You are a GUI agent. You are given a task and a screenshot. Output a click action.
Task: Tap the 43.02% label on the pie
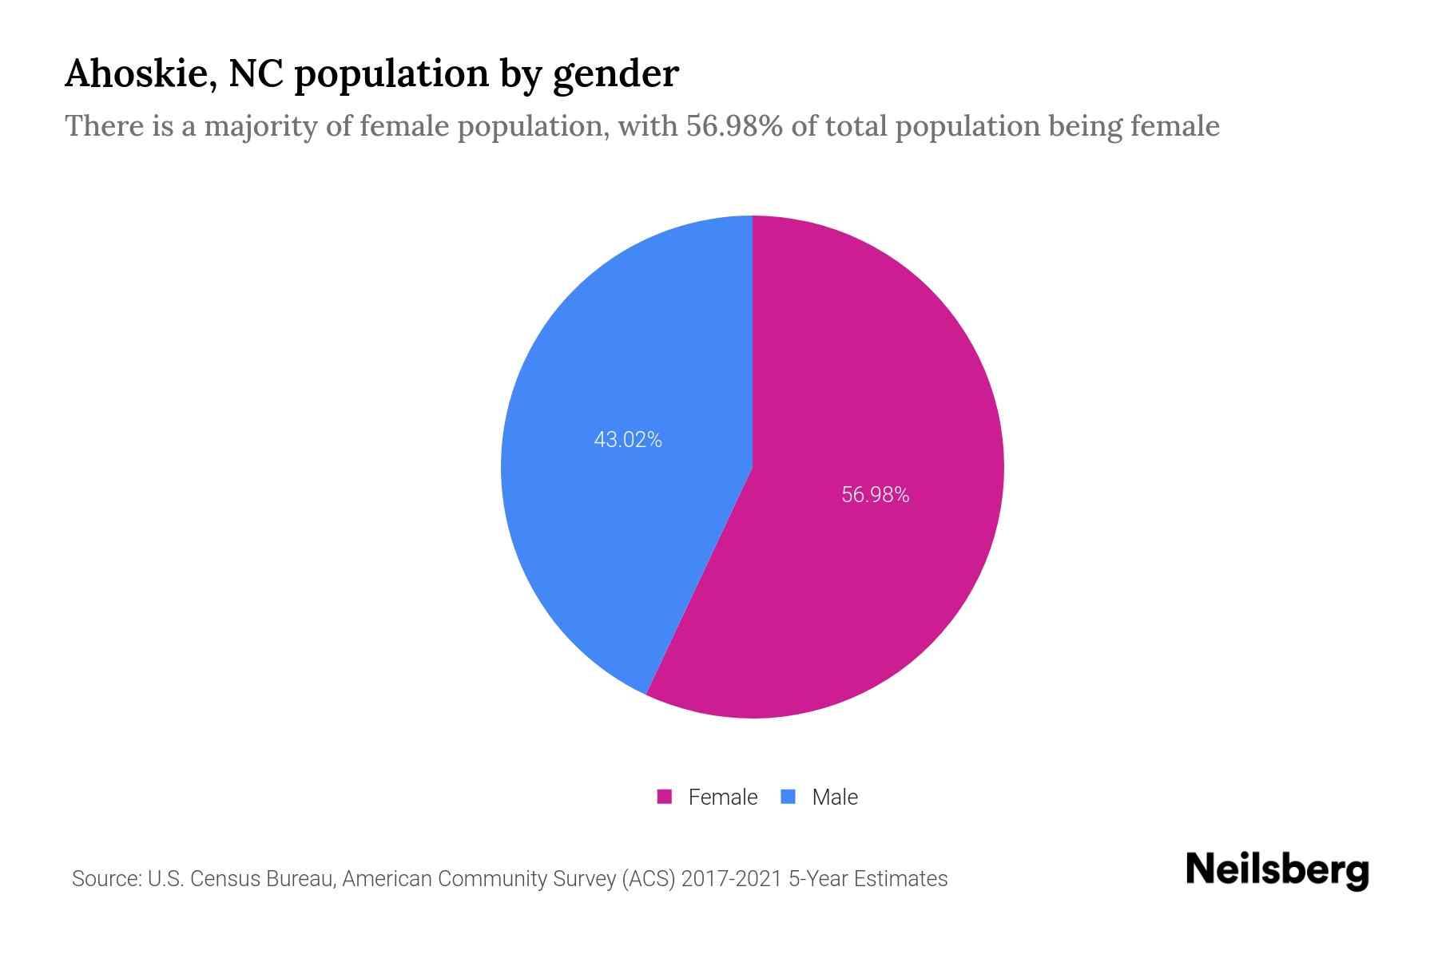[x=628, y=440]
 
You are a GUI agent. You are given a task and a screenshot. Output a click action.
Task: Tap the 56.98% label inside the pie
[x=875, y=495]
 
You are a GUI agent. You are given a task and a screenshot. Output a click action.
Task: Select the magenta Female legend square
[x=665, y=797]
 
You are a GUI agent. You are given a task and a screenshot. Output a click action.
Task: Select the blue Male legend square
[x=789, y=797]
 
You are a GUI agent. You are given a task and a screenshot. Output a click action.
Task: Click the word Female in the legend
[x=722, y=797]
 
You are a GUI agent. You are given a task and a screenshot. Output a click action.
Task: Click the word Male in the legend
[x=834, y=797]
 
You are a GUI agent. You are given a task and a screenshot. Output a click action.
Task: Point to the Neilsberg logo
[x=1277, y=870]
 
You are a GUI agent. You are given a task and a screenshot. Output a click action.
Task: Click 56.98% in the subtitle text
[x=734, y=126]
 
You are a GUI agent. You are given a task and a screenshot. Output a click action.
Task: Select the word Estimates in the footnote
[x=900, y=879]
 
